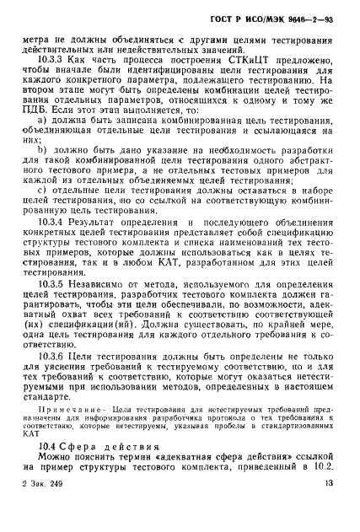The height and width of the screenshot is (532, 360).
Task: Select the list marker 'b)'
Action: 40,175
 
